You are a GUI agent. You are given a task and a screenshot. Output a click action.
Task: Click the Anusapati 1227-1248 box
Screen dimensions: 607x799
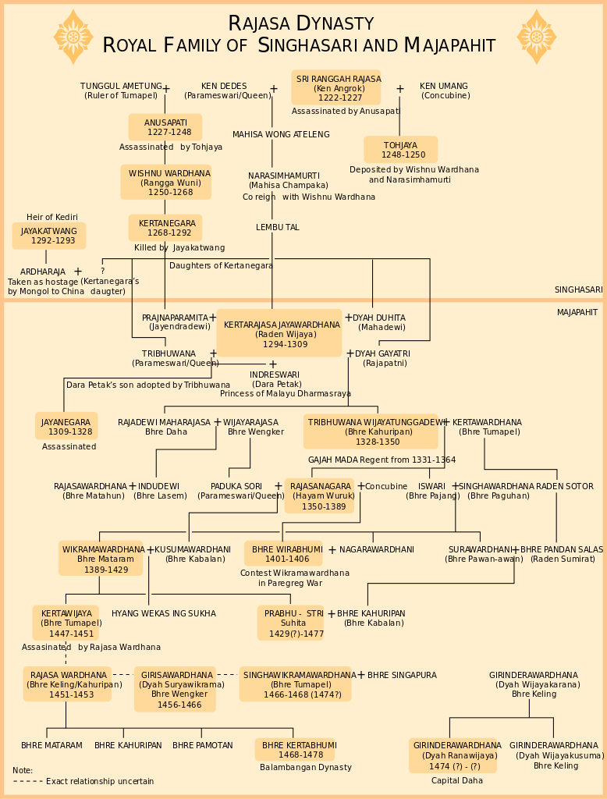point(165,127)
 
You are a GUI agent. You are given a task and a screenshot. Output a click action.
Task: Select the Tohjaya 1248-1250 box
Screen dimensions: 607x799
point(400,149)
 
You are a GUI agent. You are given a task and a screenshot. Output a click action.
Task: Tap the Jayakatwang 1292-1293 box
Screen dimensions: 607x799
point(49,236)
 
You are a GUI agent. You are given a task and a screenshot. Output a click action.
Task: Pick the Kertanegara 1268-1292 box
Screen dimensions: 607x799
point(165,228)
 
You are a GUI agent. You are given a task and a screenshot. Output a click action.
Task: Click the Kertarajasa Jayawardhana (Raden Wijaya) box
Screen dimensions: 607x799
point(279,332)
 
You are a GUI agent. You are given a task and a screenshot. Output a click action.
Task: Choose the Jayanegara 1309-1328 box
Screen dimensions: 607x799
point(67,426)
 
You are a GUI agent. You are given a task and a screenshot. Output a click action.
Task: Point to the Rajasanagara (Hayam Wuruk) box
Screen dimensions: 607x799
point(320,495)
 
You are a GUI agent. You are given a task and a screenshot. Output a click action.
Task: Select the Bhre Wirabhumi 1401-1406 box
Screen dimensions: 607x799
point(283,553)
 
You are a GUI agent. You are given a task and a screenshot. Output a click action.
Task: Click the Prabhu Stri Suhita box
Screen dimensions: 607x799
point(291,623)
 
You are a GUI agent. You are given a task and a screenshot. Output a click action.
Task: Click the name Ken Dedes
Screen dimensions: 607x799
point(224,86)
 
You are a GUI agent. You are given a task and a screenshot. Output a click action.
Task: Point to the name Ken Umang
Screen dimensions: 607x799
point(443,86)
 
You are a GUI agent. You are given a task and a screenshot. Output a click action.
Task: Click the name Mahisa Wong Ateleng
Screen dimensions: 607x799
point(281,134)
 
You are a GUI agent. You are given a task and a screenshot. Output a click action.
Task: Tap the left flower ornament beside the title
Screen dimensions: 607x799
point(74,37)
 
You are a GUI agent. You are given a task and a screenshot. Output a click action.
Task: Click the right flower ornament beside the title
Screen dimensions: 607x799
point(536,37)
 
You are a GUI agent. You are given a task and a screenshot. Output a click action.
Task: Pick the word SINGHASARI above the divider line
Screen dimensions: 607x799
point(578,290)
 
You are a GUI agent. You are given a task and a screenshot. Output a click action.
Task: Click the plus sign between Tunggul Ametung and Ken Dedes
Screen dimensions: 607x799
point(165,89)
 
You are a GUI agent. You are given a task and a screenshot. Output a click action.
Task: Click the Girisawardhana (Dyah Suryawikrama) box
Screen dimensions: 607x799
point(176,689)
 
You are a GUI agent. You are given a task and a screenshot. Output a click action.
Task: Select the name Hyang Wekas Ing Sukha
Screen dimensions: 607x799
point(164,613)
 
